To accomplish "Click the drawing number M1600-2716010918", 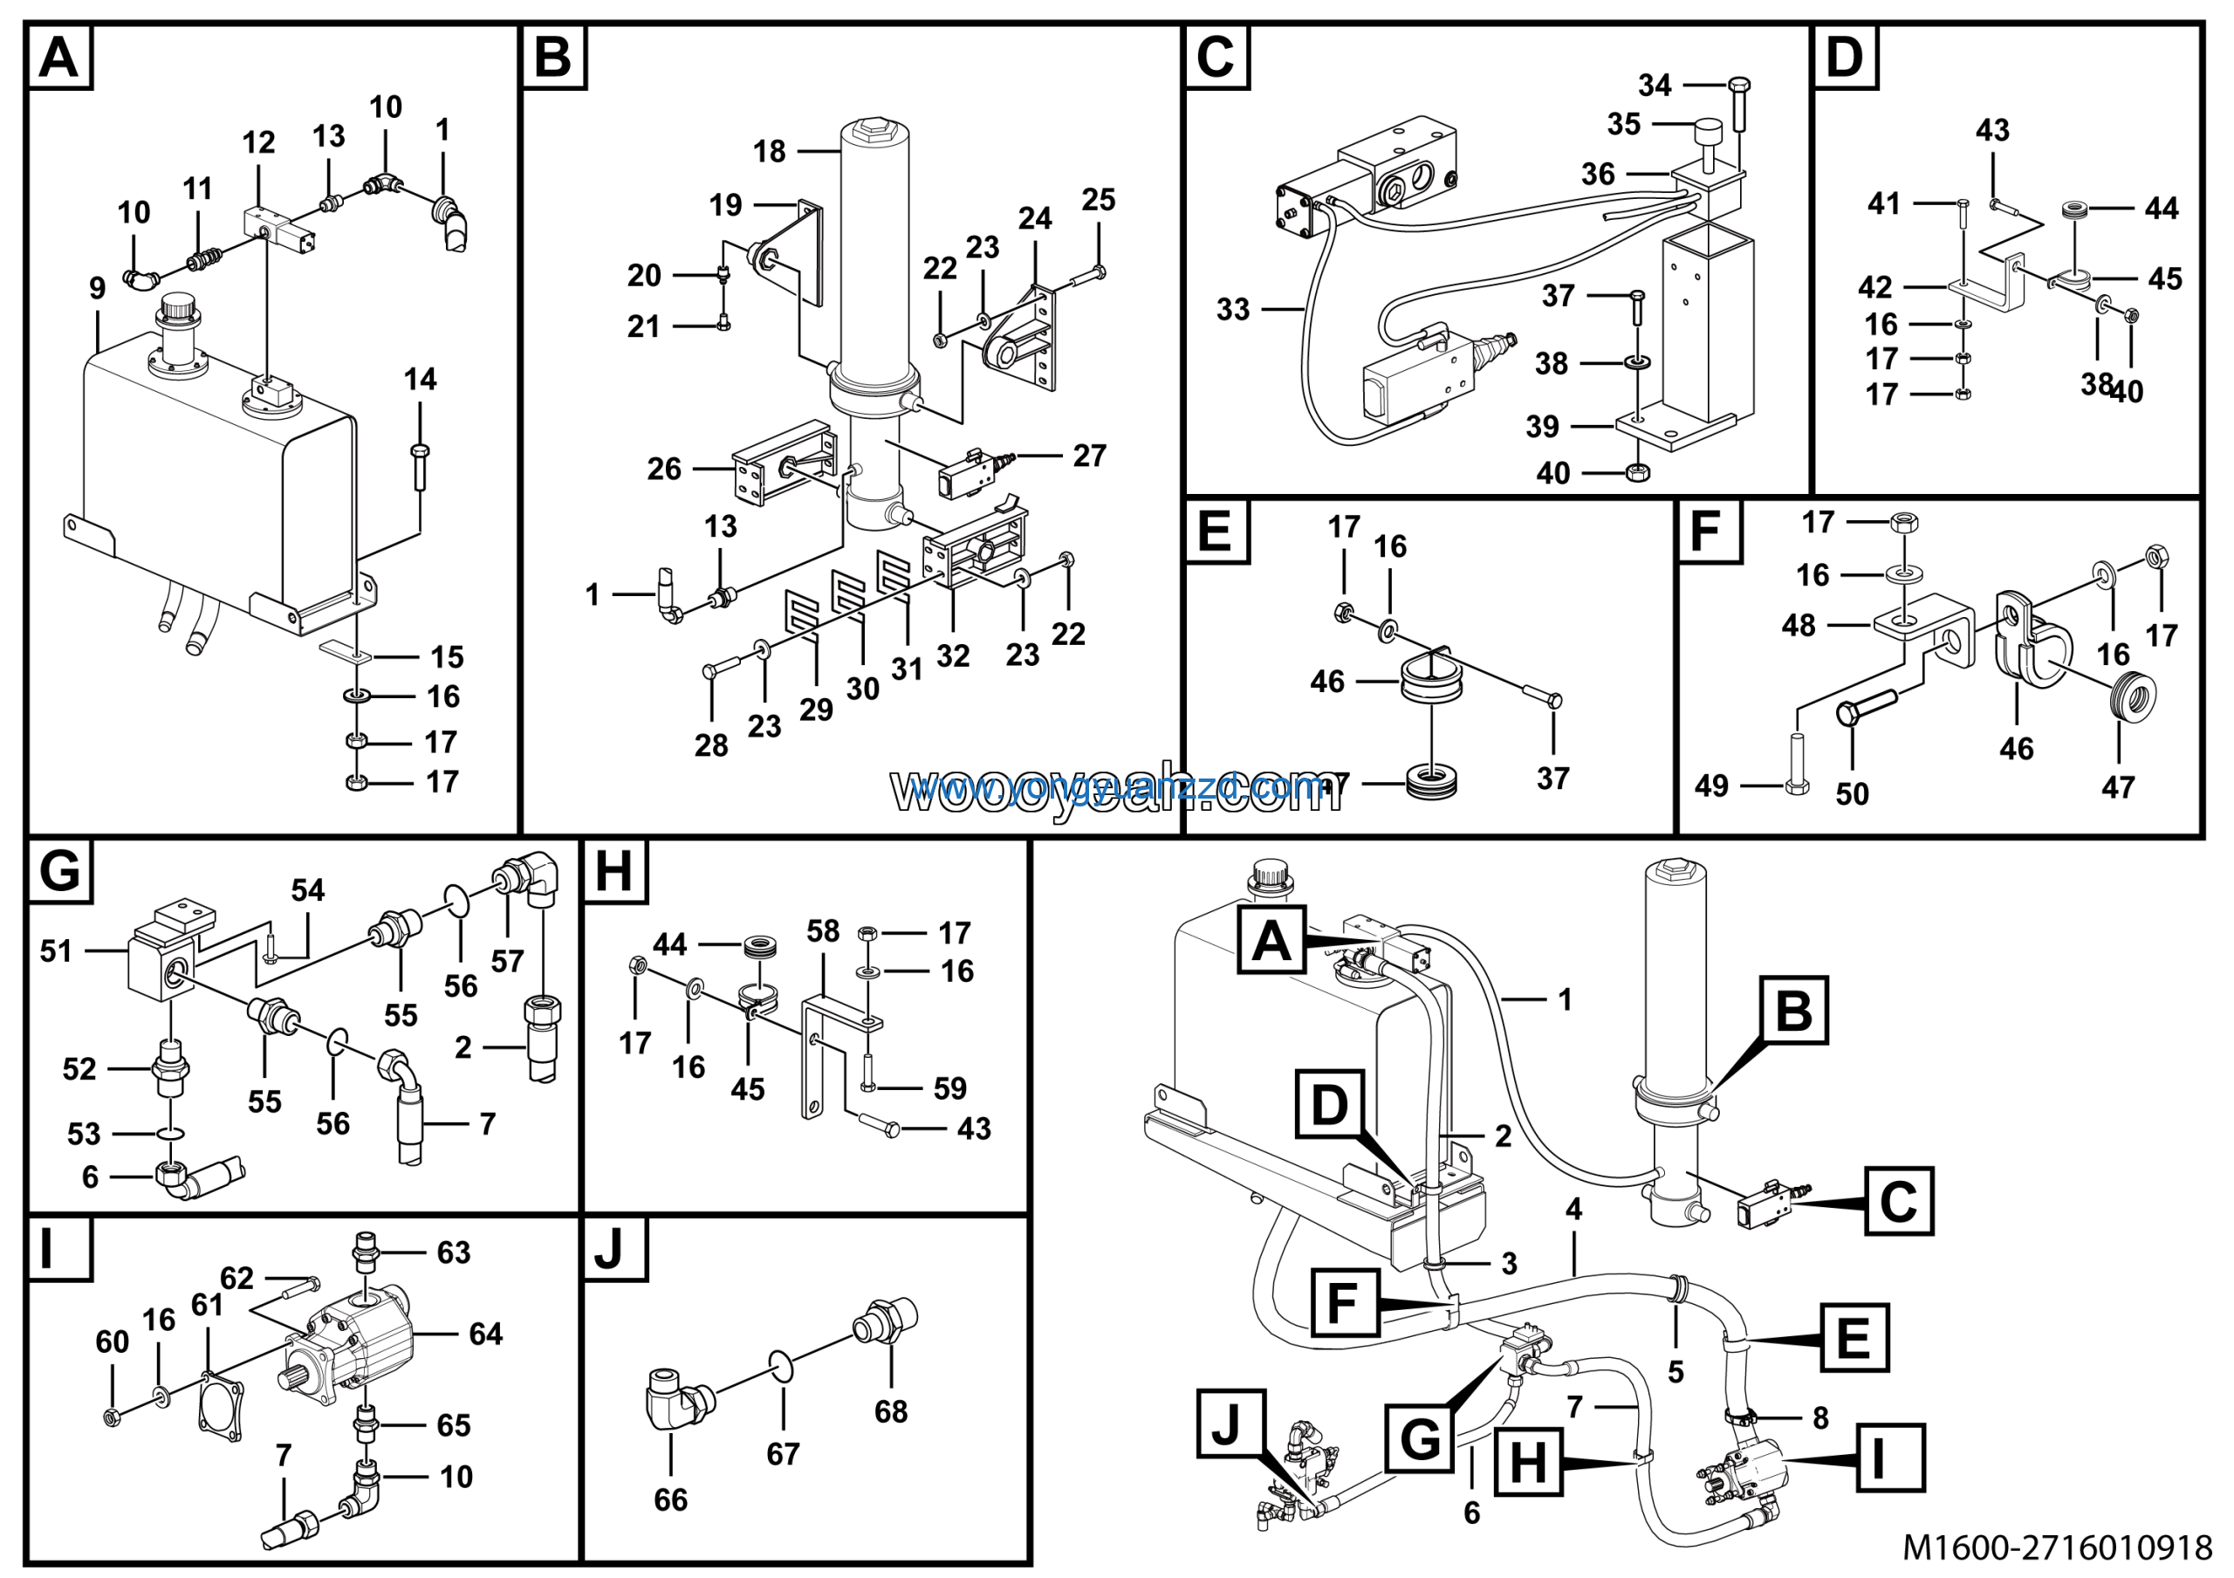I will (x=2057, y=1547).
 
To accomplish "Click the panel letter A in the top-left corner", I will (x=58, y=58).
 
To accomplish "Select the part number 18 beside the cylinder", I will (x=769, y=152).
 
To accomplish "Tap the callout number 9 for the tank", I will (x=97, y=288).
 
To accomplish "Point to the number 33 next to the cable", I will (x=1233, y=309).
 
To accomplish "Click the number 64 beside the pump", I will (x=485, y=1334).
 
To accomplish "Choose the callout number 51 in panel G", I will (x=56, y=950).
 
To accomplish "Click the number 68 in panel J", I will (x=890, y=1410).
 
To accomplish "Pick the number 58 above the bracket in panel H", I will (x=822, y=931).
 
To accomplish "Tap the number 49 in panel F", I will (x=1711, y=786).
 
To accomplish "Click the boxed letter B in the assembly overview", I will (x=1793, y=1011).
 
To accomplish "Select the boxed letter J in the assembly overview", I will (x=1226, y=1425).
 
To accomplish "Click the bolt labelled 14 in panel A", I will (x=420, y=468).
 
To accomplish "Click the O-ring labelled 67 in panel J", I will (x=782, y=1365).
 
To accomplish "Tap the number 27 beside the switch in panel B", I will (x=1089, y=456).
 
